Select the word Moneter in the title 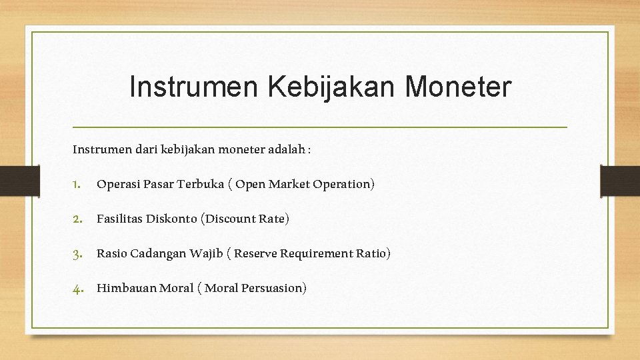[x=458, y=87]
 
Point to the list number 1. [x=77, y=185]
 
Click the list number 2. [x=77, y=219]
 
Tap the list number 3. [x=77, y=254]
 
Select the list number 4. [x=77, y=289]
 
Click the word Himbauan [x=126, y=288]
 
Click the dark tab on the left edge [x=11, y=180]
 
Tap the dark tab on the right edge [x=619, y=180]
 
